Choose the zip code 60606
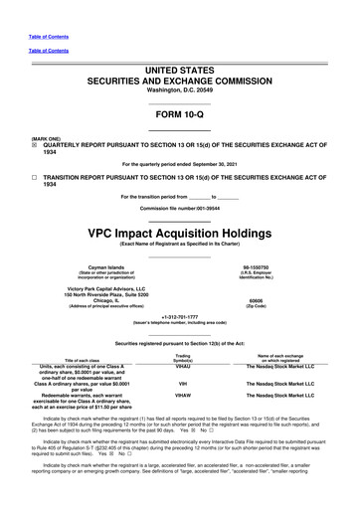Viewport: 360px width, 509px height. pyautogui.click(x=270, y=328)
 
